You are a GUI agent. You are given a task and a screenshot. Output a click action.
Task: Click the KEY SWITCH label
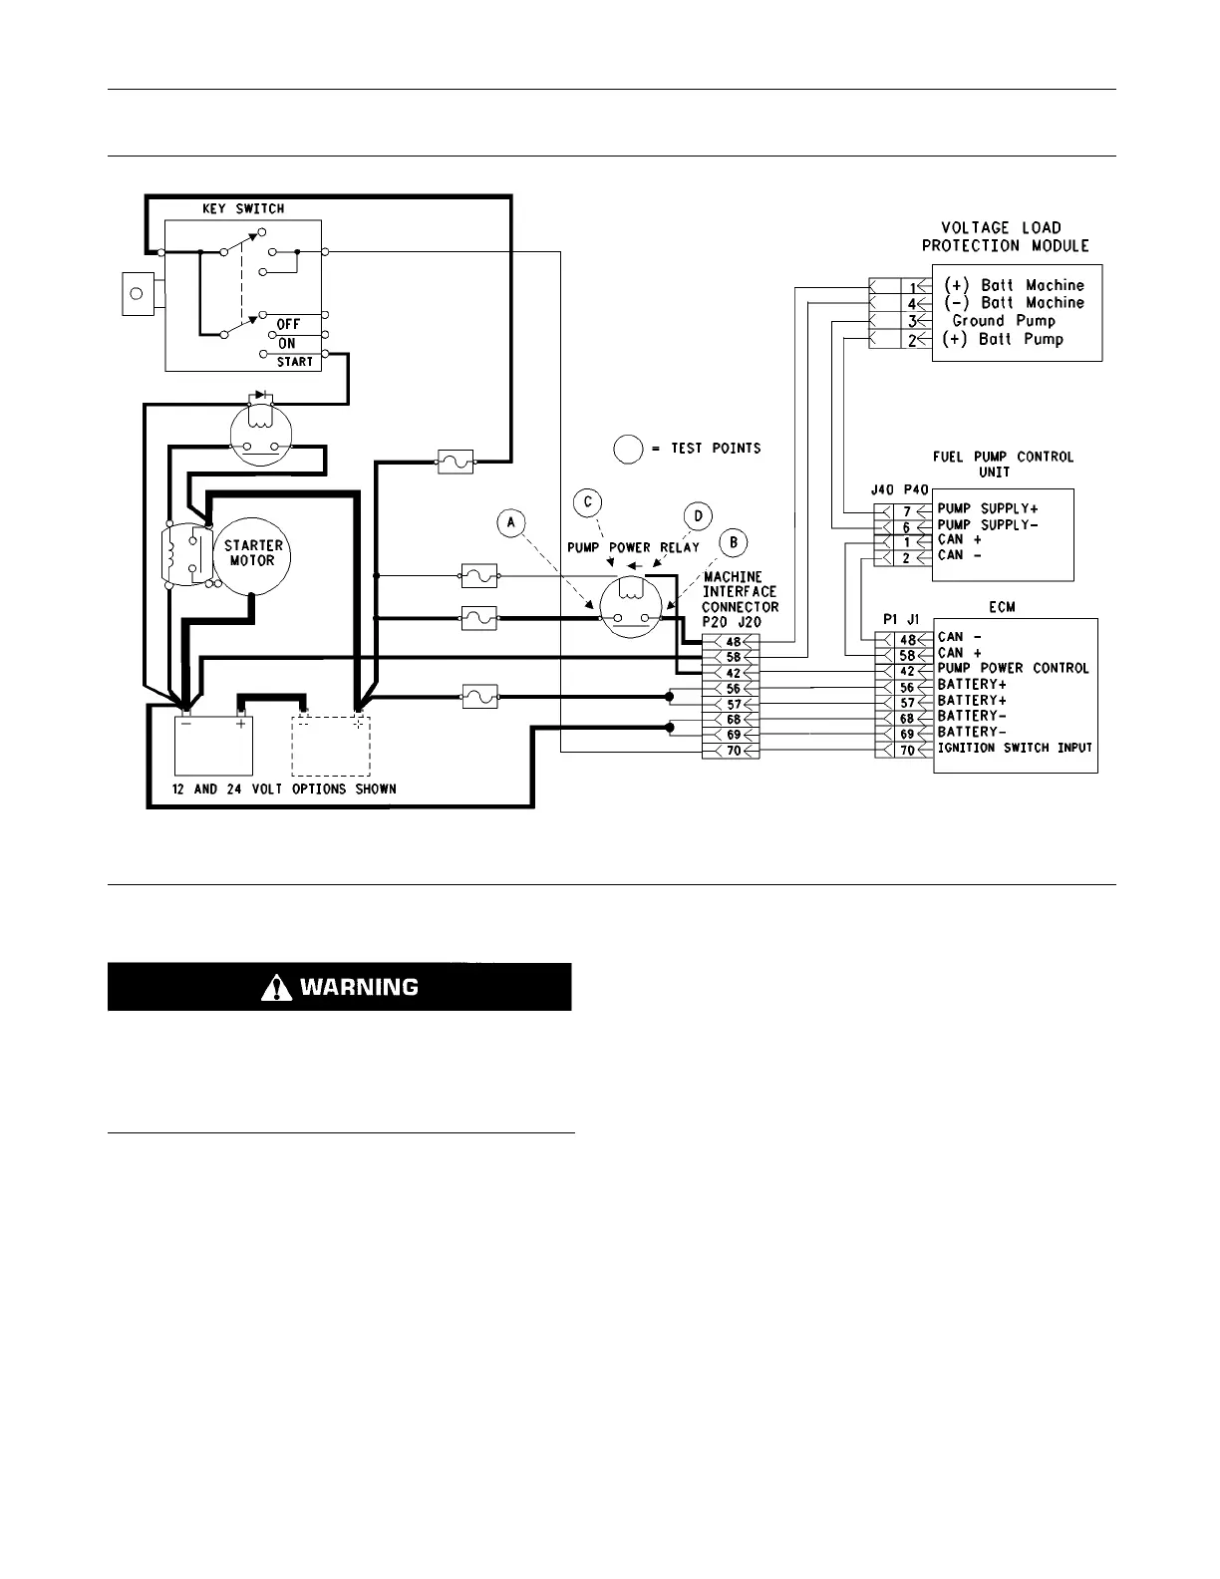point(244,209)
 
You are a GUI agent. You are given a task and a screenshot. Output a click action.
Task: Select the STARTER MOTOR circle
point(253,553)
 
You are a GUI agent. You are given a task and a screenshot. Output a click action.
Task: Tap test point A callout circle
point(511,522)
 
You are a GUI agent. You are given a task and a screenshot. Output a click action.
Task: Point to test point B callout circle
point(734,543)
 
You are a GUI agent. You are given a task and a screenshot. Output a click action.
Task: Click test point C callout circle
point(589,501)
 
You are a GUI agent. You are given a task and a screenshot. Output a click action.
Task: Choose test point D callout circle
point(699,515)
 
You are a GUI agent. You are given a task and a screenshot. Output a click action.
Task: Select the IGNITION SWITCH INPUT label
point(1015,749)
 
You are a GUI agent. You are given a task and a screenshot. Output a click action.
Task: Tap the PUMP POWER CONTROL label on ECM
point(1013,669)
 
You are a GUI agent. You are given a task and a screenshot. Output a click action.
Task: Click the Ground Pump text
point(1003,321)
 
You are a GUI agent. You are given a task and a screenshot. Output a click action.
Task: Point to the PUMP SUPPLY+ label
point(987,509)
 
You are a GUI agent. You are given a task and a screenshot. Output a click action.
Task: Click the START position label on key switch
point(295,362)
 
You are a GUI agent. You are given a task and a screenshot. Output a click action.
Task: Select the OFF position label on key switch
point(288,325)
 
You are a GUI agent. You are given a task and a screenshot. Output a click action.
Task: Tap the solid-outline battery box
point(213,745)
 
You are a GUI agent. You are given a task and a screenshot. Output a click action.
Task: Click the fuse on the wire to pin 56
point(479,696)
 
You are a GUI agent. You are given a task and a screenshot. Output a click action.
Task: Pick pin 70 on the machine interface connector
point(733,751)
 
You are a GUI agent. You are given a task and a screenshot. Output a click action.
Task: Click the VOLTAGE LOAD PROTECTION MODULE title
point(1005,236)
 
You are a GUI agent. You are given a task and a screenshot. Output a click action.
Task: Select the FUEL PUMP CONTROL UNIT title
point(1003,464)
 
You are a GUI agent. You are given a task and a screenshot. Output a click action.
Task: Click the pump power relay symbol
point(631,607)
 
